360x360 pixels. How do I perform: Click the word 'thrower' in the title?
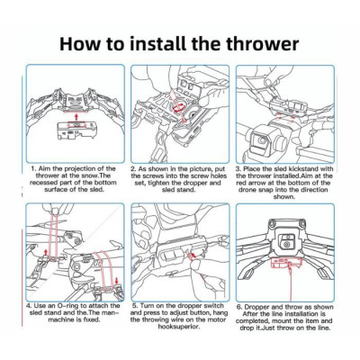(x=263, y=44)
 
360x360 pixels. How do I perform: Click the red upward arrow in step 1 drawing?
(x=76, y=116)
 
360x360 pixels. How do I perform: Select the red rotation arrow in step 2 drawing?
(x=178, y=107)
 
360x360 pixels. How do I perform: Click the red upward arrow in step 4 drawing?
(x=46, y=251)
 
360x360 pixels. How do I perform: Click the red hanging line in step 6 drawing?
(x=291, y=277)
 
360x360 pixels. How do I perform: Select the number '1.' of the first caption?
(x=34, y=168)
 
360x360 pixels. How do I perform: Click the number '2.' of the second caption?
(x=135, y=169)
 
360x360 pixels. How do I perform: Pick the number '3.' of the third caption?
(x=238, y=169)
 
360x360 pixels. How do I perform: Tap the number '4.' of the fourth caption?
(x=29, y=306)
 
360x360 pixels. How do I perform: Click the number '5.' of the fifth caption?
(x=135, y=306)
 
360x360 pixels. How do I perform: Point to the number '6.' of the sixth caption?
(x=239, y=307)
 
